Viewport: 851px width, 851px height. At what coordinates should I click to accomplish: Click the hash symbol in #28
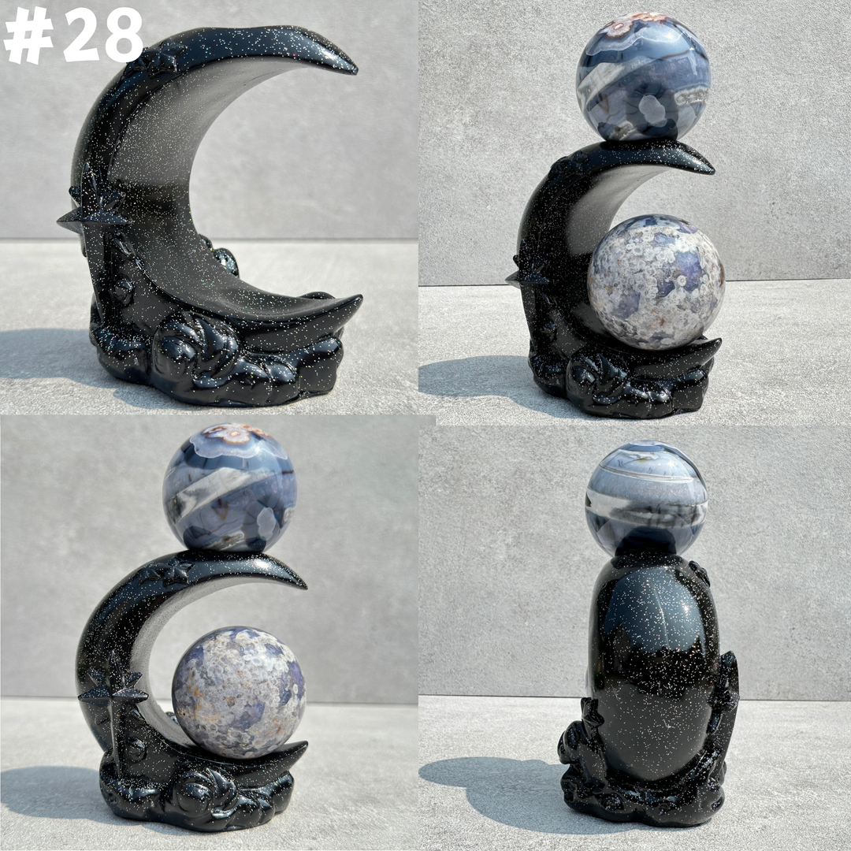pyautogui.click(x=28, y=35)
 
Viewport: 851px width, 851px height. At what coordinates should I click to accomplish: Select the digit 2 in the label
pyautogui.click(x=78, y=35)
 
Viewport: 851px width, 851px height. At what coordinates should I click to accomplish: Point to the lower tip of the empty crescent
pyautogui.click(x=359, y=298)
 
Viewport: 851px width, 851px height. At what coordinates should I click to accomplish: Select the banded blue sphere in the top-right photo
pyautogui.click(x=643, y=76)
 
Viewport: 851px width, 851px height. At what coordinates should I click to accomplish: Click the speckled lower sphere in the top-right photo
pyautogui.click(x=656, y=281)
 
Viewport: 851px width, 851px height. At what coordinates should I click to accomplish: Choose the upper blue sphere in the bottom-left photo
pyautogui.click(x=229, y=488)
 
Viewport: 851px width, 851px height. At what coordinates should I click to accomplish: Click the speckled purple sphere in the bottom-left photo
pyautogui.click(x=239, y=693)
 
